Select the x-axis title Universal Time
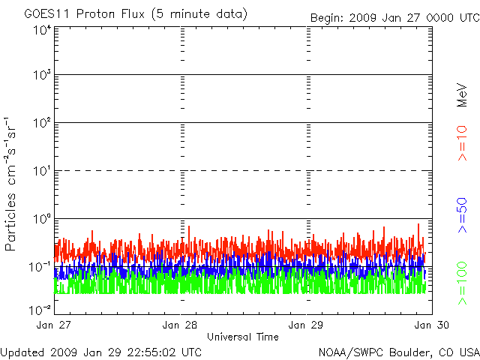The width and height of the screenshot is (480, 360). [243, 337]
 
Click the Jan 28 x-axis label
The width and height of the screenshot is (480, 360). [180, 325]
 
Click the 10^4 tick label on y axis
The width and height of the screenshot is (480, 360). [42, 30]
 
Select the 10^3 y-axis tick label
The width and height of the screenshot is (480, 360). [42, 76]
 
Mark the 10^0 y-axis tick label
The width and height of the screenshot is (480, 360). [42, 220]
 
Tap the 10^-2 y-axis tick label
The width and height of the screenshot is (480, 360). [40, 308]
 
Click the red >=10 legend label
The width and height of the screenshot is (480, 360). [463, 143]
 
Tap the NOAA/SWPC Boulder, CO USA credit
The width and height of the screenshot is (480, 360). [398, 351]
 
